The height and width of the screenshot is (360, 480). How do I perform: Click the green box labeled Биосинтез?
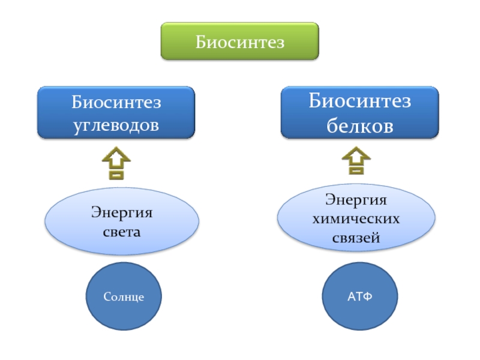click(x=239, y=41)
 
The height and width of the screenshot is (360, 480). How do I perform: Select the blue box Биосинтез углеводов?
click(x=116, y=112)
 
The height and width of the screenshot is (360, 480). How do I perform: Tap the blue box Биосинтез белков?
click(x=359, y=112)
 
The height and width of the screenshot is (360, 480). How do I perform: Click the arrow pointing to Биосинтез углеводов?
click(x=116, y=163)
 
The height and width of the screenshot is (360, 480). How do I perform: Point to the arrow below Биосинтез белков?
click(x=356, y=161)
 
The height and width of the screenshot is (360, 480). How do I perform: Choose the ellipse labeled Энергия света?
click(x=122, y=221)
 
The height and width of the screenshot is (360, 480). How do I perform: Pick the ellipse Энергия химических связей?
click(x=356, y=218)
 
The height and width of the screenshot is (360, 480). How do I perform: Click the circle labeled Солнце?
click(x=124, y=296)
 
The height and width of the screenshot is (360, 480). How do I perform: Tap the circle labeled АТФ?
click(x=360, y=296)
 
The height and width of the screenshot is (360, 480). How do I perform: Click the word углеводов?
click(x=116, y=125)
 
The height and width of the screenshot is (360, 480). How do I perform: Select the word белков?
click(x=360, y=125)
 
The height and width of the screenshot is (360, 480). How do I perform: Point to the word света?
click(x=122, y=232)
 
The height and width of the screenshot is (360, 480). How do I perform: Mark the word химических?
click(x=356, y=219)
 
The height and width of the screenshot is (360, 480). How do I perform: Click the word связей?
click(x=356, y=238)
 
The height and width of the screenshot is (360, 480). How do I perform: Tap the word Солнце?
click(x=124, y=296)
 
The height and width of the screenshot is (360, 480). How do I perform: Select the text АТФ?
click(x=360, y=296)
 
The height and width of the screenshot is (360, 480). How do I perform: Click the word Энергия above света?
click(x=122, y=212)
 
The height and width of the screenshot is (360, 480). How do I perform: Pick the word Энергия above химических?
click(x=356, y=200)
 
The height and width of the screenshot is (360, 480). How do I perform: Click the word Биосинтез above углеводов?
click(x=116, y=102)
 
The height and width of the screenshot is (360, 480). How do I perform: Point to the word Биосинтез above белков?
click(x=359, y=101)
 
